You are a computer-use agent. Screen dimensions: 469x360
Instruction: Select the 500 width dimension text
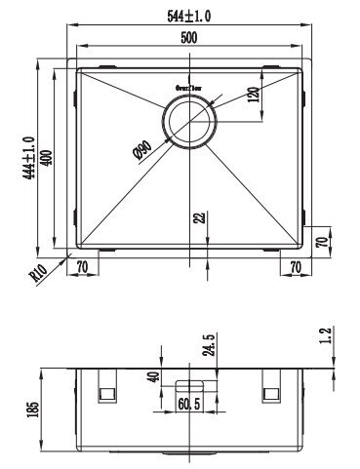pyautogui.click(x=190, y=37)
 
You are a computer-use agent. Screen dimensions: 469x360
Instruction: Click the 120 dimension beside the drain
pyautogui.click(x=252, y=98)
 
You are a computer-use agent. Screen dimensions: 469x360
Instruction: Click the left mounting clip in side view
pyautogui.click(x=106, y=391)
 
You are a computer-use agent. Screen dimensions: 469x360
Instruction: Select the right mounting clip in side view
pyautogui.click(x=272, y=391)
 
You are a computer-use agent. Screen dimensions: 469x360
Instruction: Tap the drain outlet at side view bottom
pyautogui.click(x=190, y=454)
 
